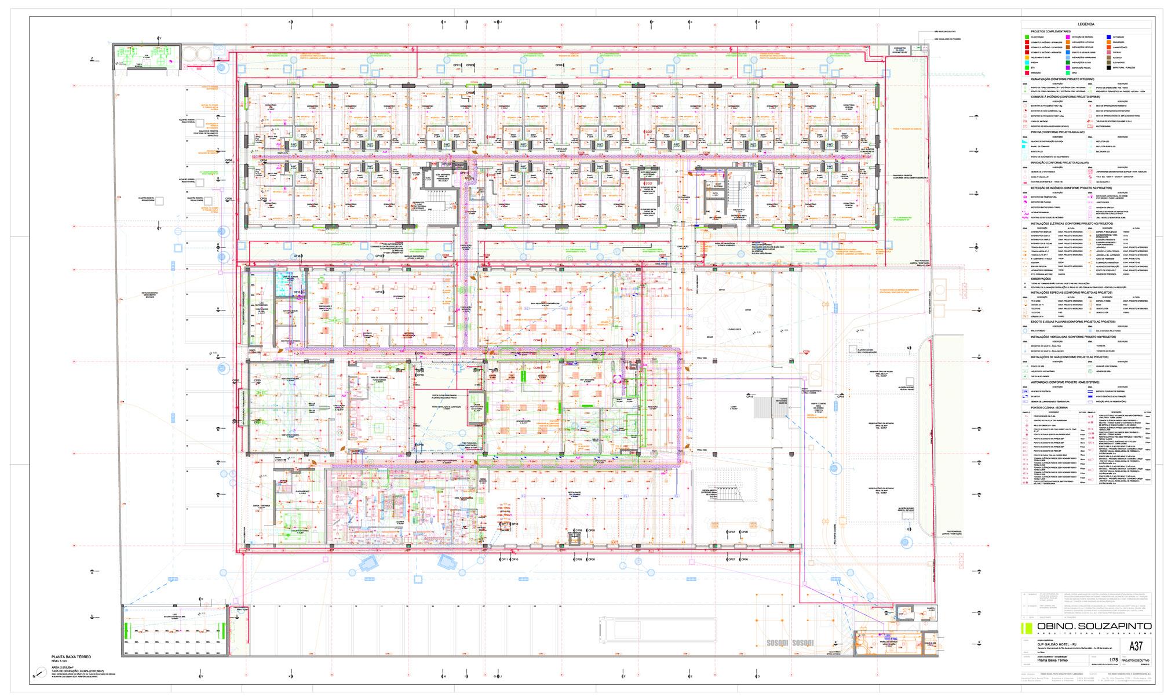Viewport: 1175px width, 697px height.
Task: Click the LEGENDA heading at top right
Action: pos(1086,24)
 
